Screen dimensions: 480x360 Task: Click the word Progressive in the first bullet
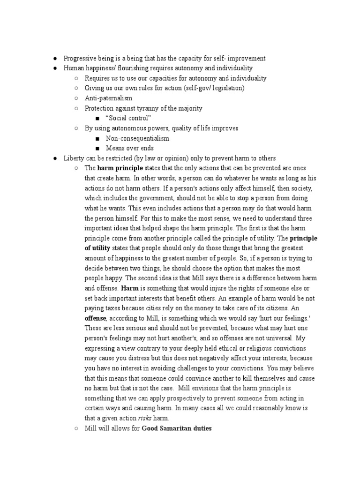pyautogui.click(x=79, y=58)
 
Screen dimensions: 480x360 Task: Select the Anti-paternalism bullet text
pyautogui.click(x=108, y=98)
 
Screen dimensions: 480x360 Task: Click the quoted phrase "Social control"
pyautogui.click(x=128, y=118)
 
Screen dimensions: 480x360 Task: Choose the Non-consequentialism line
pyautogui.click(x=137, y=138)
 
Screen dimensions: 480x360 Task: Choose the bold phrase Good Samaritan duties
pyautogui.click(x=177, y=428)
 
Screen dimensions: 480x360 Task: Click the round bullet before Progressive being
pyautogui.click(x=55, y=58)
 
